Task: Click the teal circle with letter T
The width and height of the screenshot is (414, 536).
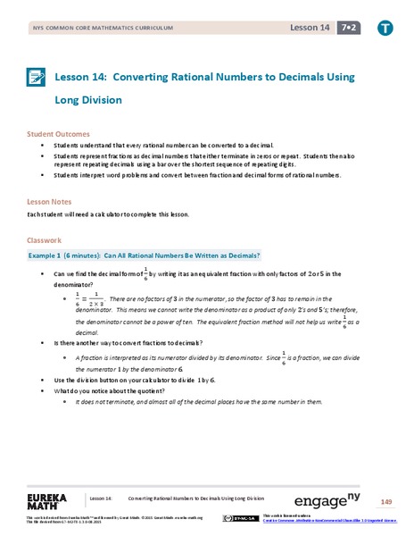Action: [385, 29]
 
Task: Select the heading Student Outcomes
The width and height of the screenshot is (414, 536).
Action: [56, 133]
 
